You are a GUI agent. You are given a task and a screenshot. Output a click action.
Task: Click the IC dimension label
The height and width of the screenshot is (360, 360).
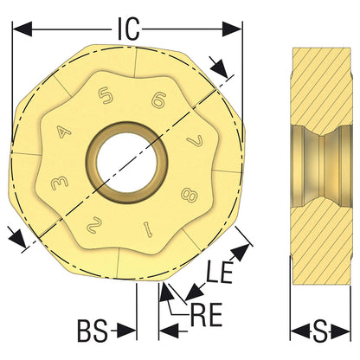click(x=129, y=29)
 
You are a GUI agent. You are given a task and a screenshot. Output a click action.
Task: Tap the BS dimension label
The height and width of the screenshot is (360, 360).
click(x=93, y=331)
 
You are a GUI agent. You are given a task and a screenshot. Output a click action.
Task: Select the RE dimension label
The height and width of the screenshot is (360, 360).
click(x=207, y=315)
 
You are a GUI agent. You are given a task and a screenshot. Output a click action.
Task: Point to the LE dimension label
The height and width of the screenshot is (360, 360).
click(x=220, y=273)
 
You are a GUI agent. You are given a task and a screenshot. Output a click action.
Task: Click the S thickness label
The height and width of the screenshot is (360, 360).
click(x=320, y=331)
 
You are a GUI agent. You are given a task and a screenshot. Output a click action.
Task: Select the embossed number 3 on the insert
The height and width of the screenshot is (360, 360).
click(x=60, y=183)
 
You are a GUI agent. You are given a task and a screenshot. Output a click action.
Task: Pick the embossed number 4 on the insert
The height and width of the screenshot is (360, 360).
click(x=64, y=132)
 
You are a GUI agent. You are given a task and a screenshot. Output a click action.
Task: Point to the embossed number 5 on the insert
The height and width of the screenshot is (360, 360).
click(x=105, y=96)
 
